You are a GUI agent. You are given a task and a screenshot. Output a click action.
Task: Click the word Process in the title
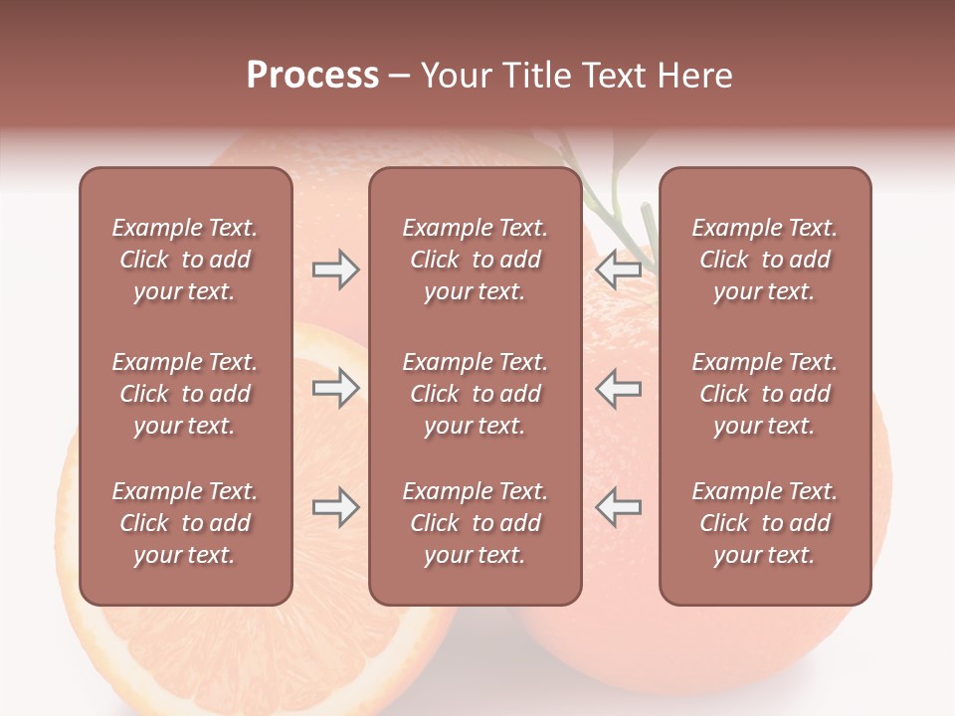coord(312,76)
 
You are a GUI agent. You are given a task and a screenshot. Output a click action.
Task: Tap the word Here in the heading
coord(695,76)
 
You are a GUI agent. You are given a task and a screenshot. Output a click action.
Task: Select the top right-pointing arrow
coord(335,269)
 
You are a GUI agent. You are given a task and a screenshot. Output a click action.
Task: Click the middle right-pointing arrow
coord(335,388)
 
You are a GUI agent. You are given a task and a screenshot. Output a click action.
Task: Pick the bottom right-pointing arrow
coord(335,507)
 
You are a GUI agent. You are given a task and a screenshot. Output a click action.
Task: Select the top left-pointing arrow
coord(618,269)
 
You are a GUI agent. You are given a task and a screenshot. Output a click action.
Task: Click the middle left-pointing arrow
coord(618,388)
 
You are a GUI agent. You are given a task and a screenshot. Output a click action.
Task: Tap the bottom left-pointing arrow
coord(618,507)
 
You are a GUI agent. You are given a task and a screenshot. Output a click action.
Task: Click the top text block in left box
coord(185,260)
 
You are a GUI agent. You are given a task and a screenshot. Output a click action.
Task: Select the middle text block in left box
coord(185,394)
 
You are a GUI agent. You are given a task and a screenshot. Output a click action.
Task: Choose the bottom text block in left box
coord(185,523)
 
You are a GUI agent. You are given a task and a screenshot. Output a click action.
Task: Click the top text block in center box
coord(475,260)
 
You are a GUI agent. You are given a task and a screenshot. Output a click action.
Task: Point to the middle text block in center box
coord(475,394)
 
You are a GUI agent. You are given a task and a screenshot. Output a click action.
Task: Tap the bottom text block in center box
coord(475,523)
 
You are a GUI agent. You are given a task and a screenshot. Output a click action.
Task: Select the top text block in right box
coord(764,260)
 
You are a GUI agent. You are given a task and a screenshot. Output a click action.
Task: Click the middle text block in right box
coord(764,394)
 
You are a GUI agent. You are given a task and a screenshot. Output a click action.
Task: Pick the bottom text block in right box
coord(764,523)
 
